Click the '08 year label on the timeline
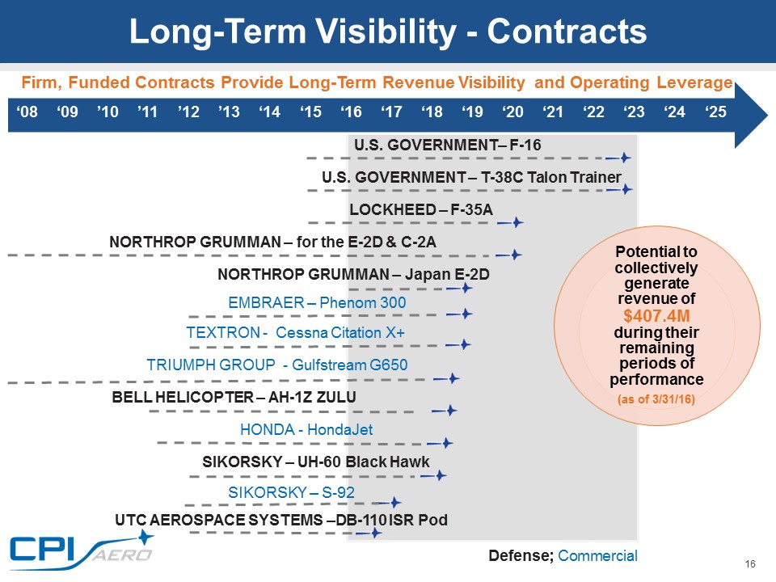(27, 112)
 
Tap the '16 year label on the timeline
(351, 112)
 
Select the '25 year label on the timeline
(715, 112)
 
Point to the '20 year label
(512, 112)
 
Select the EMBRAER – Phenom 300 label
(317, 302)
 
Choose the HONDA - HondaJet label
(306, 430)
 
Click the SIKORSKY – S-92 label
(291, 492)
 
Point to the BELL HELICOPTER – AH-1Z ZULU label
(234, 397)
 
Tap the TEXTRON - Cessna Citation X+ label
(295, 333)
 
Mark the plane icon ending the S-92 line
(394, 502)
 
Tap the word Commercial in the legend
(597, 555)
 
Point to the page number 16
(749, 564)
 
